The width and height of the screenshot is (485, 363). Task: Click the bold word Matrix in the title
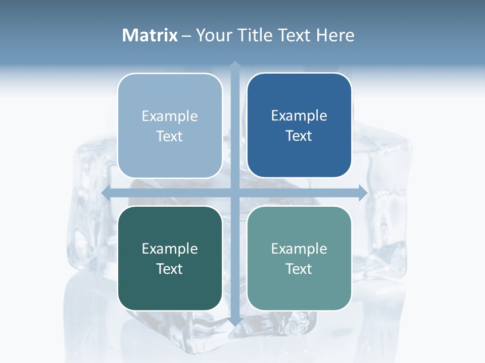pyautogui.click(x=150, y=35)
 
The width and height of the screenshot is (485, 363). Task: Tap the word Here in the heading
pyautogui.click(x=335, y=35)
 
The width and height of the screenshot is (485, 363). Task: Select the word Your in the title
pyautogui.click(x=212, y=35)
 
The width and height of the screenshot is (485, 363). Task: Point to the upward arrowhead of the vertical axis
pyautogui.click(x=235, y=65)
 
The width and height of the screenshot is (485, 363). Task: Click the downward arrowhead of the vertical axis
pyautogui.click(x=235, y=321)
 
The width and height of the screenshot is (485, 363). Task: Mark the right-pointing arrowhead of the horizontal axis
pyautogui.click(x=363, y=193)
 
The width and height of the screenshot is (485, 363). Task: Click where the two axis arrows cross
pyautogui.click(x=235, y=193)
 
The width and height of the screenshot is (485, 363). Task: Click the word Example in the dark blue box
pyautogui.click(x=299, y=116)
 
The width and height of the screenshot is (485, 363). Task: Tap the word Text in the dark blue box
pyautogui.click(x=299, y=136)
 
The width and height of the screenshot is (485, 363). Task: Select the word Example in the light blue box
pyautogui.click(x=170, y=116)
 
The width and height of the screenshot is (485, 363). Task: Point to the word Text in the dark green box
pyautogui.click(x=170, y=269)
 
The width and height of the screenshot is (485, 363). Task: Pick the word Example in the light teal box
pyautogui.click(x=299, y=249)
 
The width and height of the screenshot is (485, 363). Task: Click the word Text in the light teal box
pyautogui.click(x=299, y=269)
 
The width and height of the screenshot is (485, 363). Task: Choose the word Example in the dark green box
pyautogui.click(x=170, y=249)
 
